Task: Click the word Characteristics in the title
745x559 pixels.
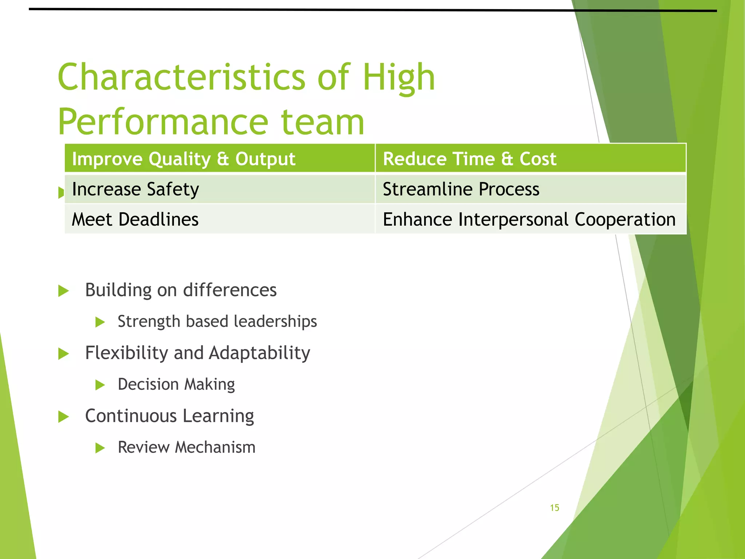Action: click(181, 77)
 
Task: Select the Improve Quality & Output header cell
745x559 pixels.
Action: click(220, 159)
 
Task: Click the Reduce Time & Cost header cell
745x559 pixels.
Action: click(530, 159)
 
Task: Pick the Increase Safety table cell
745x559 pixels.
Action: click(220, 189)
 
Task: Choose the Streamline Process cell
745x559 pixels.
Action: click(530, 189)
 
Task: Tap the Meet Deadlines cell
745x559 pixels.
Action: click(220, 219)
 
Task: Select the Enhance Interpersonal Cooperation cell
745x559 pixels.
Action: click(530, 219)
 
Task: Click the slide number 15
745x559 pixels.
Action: click(554, 508)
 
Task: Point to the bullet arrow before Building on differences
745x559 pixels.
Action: click(63, 291)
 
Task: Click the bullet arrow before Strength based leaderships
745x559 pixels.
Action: click(100, 322)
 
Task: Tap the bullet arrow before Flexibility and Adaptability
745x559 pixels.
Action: click(63, 354)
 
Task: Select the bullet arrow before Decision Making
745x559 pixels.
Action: click(100, 385)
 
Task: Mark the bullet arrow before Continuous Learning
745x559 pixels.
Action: click(63, 417)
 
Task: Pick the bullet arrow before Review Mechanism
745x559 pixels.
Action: click(100, 448)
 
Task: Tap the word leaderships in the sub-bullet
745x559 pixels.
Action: click(275, 322)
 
